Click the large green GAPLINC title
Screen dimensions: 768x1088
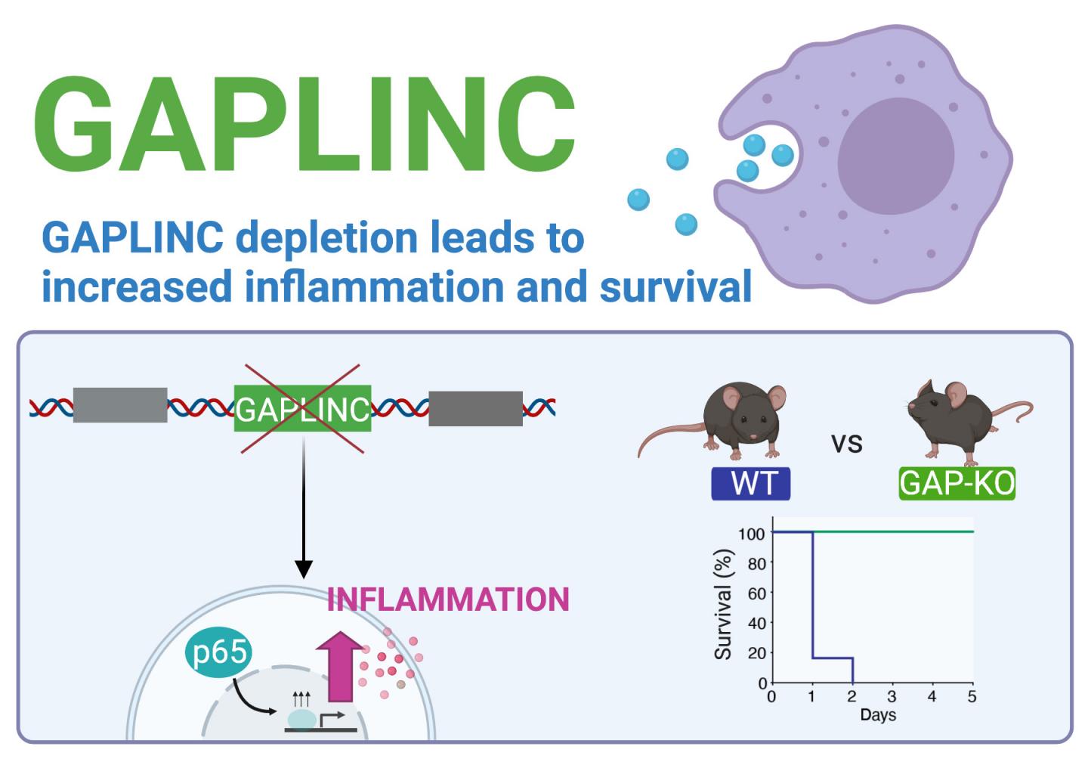click(x=304, y=125)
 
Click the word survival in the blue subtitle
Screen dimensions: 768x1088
click(x=675, y=287)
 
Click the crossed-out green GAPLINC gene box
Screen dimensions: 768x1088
click(x=302, y=409)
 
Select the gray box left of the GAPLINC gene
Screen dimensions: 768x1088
click(x=120, y=405)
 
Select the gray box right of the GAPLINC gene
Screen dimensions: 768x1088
click(x=475, y=409)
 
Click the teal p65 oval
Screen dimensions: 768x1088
click(x=218, y=652)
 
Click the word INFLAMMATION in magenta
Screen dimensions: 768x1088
click(x=448, y=599)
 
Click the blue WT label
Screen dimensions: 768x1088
click(x=750, y=484)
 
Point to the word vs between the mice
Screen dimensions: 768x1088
click(x=846, y=444)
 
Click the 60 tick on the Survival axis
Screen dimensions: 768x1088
click(x=756, y=593)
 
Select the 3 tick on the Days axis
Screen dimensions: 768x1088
click(x=892, y=696)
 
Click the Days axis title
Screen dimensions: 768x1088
click(x=877, y=715)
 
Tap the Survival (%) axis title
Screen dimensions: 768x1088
click(x=723, y=605)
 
